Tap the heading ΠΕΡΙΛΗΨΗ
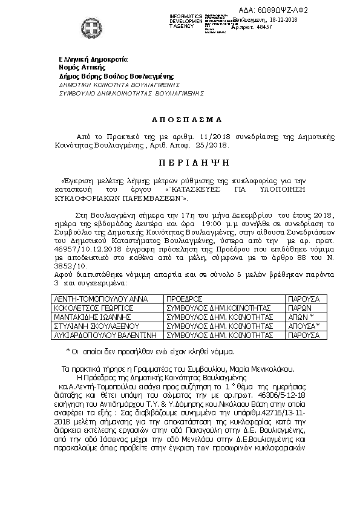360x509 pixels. coord(180,164)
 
